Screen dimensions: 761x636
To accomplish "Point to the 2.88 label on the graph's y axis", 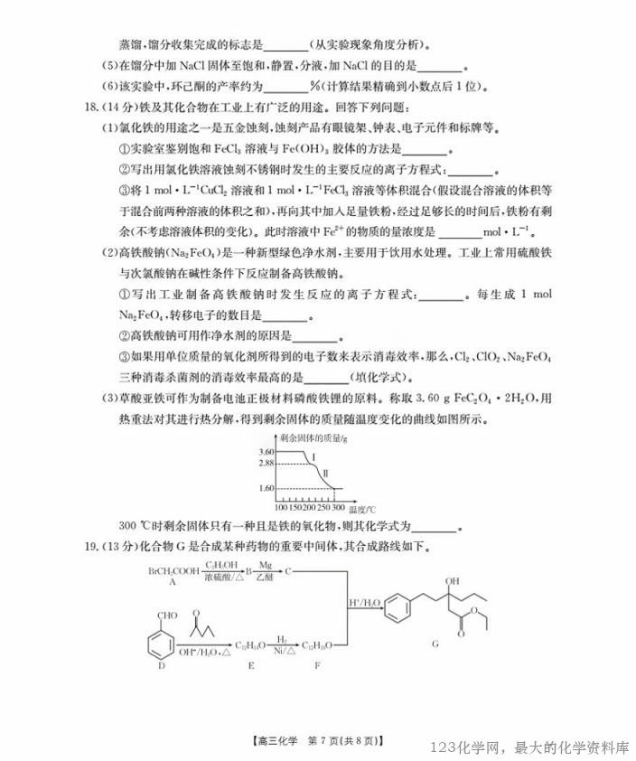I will [266, 463].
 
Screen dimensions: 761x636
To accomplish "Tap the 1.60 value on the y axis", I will [266, 489].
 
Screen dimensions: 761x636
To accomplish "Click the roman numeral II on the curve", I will [324, 474].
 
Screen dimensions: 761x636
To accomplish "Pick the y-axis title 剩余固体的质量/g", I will [313, 437].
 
